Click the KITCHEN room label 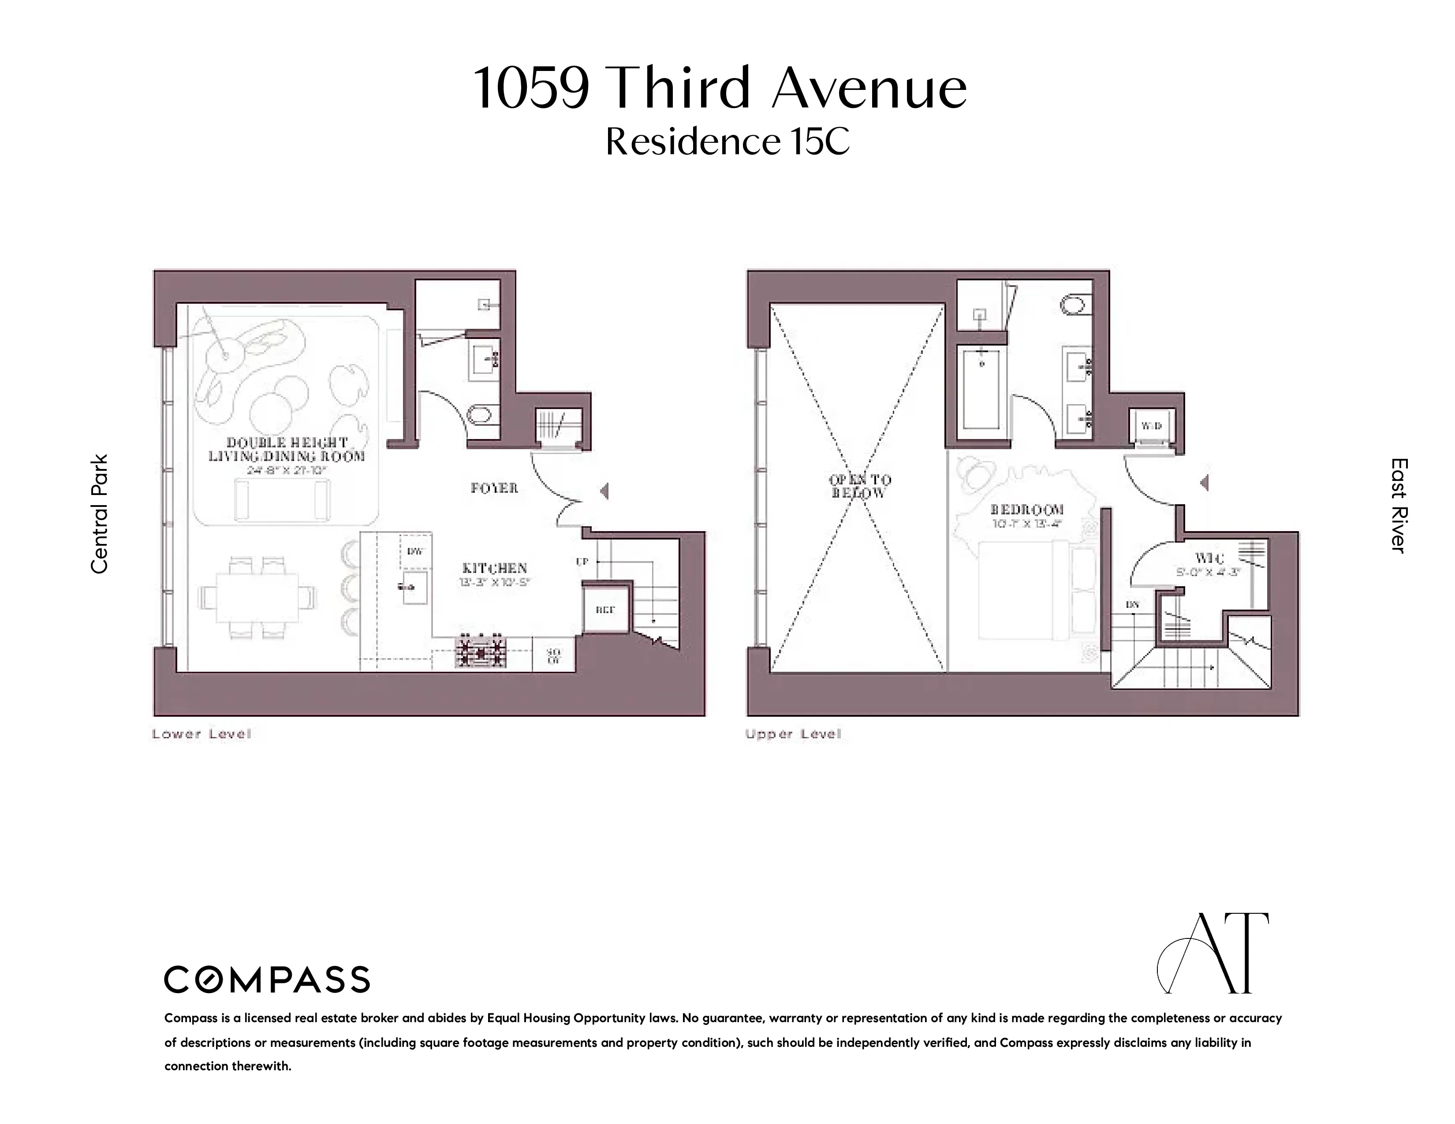pyautogui.click(x=494, y=568)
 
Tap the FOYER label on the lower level pyautogui.click(x=494, y=488)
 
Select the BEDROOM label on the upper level pyautogui.click(x=1026, y=510)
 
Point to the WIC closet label pyautogui.click(x=1209, y=558)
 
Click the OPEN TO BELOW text pyautogui.click(x=859, y=486)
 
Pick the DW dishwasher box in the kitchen pyautogui.click(x=415, y=551)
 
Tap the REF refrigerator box pyautogui.click(x=605, y=609)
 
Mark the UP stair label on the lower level pyautogui.click(x=582, y=561)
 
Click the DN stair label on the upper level pyautogui.click(x=1132, y=605)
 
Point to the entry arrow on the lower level pyautogui.click(x=604, y=491)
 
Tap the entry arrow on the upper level pyautogui.click(x=1204, y=482)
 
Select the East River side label pyautogui.click(x=1399, y=505)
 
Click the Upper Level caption pyautogui.click(x=793, y=734)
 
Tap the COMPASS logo pyautogui.click(x=266, y=979)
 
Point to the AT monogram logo pyautogui.click(x=1212, y=953)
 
